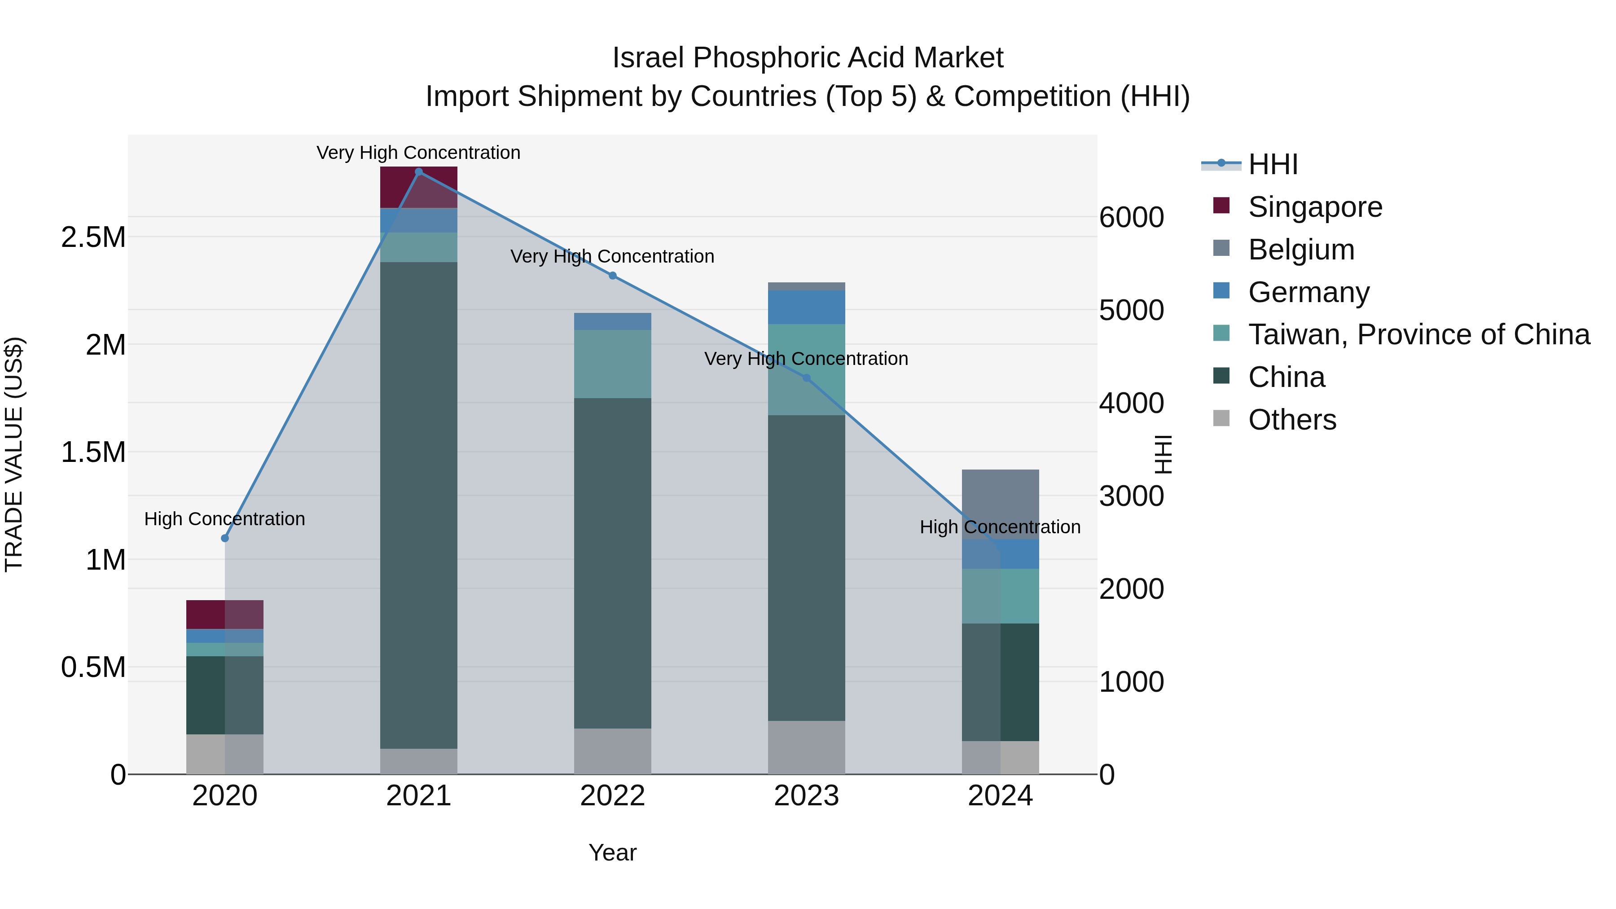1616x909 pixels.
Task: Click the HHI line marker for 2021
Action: tap(419, 172)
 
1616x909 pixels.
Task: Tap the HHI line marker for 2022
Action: tap(613, 276)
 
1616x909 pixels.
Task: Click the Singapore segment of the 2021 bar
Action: tap(419, 187)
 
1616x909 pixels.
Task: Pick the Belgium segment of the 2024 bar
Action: tap(1001, 504)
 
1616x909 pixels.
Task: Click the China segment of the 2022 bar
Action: tap(613, 563)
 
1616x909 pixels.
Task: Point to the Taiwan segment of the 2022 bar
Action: tap(613, 364)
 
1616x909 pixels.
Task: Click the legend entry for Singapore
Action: tap(1315, 207)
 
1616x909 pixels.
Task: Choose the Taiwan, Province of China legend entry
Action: tap(1418, 334)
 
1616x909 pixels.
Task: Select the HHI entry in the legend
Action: tap(1273, 164)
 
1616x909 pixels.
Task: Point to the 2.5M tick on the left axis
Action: tap(93, 237)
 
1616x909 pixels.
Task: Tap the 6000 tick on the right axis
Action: tap(1132, 217)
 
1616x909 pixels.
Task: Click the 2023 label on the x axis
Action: tap(807, 796)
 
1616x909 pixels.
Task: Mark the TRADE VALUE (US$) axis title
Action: tap(14, 454)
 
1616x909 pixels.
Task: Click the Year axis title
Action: tap(612, 852)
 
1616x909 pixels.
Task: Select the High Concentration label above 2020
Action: tap(224, 519)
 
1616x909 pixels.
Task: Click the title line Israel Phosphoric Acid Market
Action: tap(808, 58)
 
